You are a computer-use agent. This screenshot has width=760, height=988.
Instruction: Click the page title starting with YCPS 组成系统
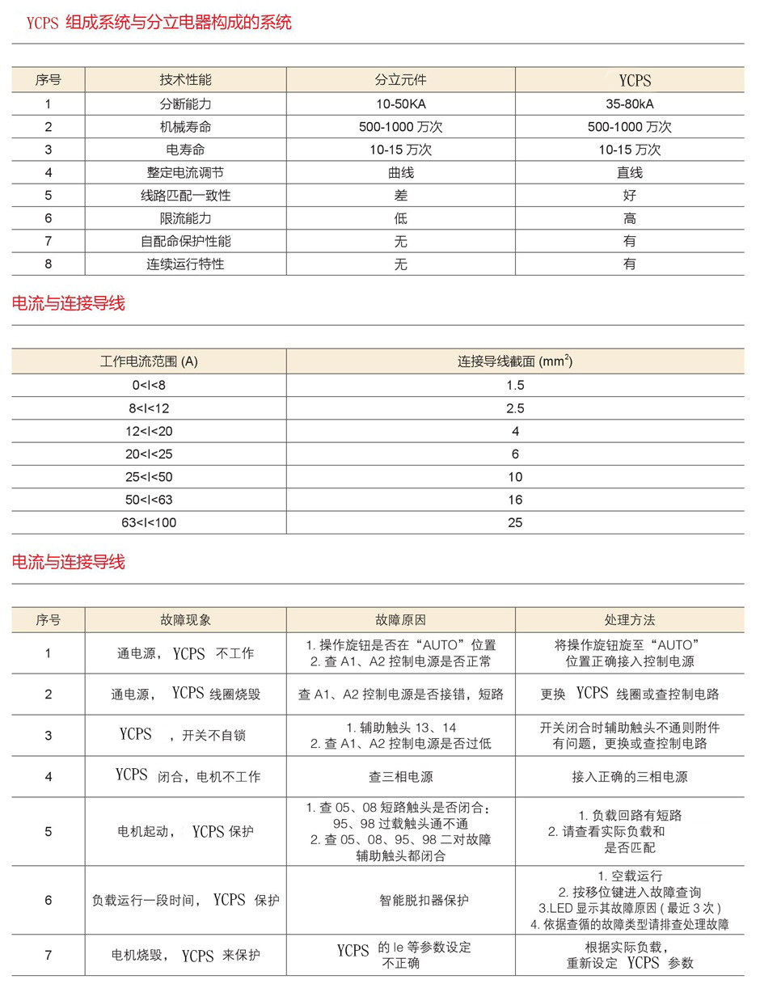[x=158, y=23]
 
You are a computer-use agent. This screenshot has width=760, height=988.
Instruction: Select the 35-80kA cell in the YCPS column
[x=629, y=104]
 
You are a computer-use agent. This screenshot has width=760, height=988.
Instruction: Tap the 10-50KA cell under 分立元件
[x=400, y=104]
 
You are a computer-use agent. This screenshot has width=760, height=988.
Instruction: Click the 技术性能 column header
[x=185, y=79]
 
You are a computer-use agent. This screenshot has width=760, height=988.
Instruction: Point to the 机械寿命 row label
[x=185, y=127]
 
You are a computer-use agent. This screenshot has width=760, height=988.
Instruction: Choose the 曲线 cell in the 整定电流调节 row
[x=400, y=172]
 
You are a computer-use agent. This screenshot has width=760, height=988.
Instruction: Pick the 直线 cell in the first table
[x=629, y=172]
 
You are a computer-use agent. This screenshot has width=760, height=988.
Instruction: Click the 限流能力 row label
[x=185, y=218]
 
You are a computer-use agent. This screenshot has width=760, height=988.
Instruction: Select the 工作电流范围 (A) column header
[x=149, y=361]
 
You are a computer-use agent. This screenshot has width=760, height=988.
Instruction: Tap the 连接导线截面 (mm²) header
[x=515, y=361]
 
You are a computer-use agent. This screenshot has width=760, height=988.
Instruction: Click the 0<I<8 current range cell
[x=149, y=385]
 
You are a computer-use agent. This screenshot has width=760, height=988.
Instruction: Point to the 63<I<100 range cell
[x=149, y=522]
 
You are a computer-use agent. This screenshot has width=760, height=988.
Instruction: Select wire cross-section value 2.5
[x=515, y=408]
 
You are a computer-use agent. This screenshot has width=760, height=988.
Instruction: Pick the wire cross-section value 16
[x=515, y=500]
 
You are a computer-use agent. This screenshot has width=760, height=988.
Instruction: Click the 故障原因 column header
[x=400, y=620]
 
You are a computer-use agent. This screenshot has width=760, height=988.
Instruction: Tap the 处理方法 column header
[x=629, y=620]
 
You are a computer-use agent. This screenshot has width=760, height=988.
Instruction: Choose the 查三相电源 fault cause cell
[x=400, y=777]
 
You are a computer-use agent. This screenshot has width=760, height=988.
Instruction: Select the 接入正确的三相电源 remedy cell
[x=629, y=777]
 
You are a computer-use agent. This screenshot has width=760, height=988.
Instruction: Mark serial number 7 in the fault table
[x=49, y=956]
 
